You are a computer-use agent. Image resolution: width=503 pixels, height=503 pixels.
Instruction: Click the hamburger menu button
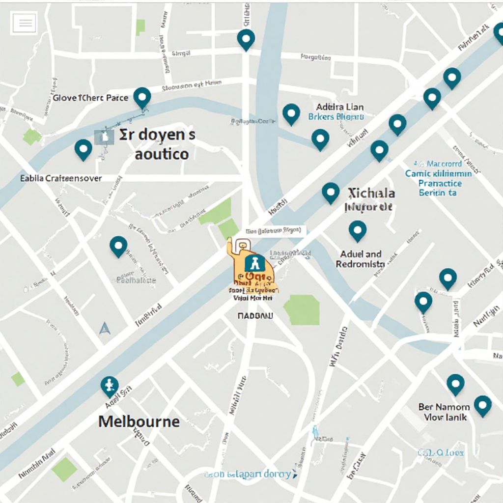24,23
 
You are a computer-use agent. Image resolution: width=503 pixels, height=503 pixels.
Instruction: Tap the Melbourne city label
139,421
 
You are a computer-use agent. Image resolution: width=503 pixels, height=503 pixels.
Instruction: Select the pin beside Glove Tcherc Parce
142,97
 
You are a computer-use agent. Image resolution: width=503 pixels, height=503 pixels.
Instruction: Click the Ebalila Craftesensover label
61,178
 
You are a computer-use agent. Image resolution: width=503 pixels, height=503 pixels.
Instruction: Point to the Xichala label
371,192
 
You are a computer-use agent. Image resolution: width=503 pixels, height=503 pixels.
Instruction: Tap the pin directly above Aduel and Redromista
357,230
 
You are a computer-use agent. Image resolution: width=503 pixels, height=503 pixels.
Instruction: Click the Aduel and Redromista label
361,259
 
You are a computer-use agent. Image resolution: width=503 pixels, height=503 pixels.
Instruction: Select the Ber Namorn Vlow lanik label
444,412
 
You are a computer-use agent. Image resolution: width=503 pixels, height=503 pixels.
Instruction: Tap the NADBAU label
254,317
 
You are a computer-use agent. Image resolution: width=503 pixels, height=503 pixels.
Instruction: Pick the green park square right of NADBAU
302,309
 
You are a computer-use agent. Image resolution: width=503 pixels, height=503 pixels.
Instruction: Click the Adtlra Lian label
339,107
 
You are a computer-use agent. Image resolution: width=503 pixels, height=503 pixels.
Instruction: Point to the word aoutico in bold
161,154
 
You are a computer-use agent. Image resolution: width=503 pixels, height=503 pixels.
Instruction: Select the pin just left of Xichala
331,192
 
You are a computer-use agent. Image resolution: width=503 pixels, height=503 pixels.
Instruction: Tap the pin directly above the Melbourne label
110,386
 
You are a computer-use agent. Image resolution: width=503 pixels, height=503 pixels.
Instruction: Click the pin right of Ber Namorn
482,405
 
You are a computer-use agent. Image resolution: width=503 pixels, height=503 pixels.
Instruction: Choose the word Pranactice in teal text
440,183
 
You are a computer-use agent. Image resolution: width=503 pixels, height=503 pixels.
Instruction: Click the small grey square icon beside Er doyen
104,138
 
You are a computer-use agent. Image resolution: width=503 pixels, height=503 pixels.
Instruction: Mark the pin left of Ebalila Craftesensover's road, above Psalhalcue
118,246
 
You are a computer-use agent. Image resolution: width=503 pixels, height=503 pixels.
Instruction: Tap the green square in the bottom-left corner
64,469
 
